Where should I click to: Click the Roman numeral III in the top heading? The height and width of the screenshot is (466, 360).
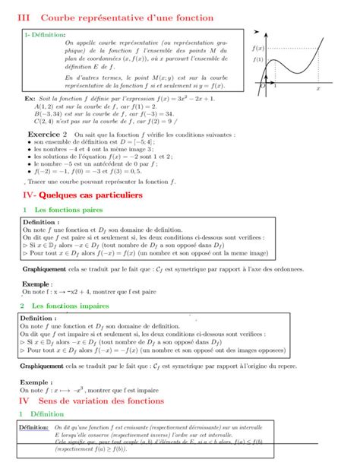point(24,17)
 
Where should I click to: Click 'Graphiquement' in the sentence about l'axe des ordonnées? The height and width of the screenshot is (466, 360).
point(44,269)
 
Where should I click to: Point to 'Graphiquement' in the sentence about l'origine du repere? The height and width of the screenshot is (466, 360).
point(44,365)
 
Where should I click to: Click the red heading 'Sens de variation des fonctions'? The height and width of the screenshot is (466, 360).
point(106,401)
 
